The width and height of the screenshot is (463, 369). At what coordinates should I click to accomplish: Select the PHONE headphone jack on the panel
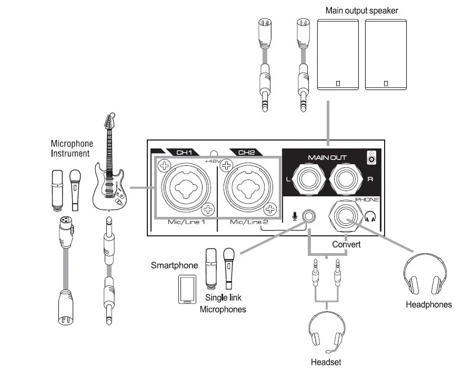click(x=345, y=216)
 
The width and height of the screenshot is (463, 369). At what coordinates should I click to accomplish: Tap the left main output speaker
click(x=338, y=54)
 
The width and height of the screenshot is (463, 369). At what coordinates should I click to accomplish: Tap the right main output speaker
click(x=386, y=54)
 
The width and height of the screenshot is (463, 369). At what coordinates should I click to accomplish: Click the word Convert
click(x=346, y=245)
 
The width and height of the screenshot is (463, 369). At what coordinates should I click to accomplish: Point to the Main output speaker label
click(x=361, y=11)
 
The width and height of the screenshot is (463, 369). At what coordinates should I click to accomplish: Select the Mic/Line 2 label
click(x=248, y=223)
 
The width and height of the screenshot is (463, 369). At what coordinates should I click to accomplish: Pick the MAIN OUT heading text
click(x=327, y=157)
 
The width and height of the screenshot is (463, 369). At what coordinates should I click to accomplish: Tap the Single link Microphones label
click(x=223, y=304)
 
